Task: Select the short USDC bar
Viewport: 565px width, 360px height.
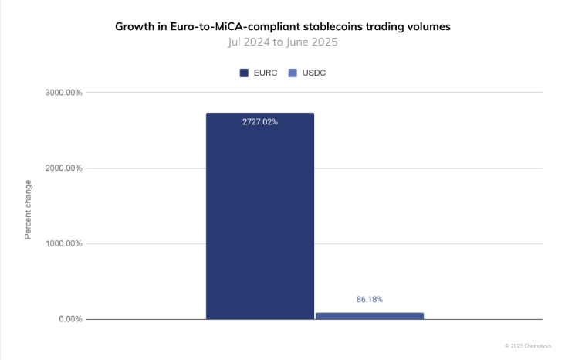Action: (370, 315)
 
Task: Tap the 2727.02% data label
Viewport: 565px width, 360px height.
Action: (259, 122)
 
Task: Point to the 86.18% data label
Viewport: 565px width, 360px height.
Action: (370, 299)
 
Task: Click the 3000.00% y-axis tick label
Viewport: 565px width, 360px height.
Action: (64, 93)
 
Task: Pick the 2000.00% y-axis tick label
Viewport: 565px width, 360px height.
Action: (64, 168)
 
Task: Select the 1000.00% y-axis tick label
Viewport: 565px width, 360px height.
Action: (64, 244)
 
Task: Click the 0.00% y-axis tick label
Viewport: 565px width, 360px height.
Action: (69, 319)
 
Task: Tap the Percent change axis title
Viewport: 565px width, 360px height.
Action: (29, 209)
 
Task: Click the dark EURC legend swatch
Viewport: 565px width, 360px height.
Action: (244, 73)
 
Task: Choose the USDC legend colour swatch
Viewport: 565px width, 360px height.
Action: (293, 73)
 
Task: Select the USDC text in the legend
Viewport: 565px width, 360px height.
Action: (313, 73)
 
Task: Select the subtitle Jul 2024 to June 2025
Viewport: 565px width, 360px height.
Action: (282, 42)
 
